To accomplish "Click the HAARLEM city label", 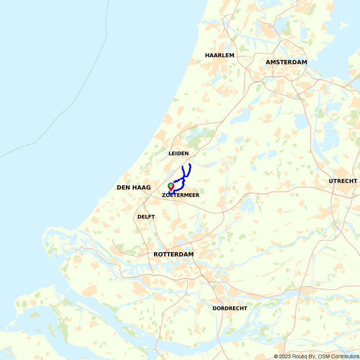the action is (x=220, y=55).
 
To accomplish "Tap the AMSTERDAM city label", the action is (x=286, y=62).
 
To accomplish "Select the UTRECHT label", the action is (x=343, y=181).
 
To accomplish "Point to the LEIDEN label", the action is (x=179, y=153).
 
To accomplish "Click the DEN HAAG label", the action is (x=134, y=188).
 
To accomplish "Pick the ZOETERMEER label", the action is (x=181, y=195).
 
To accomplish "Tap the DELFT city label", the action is (x=146, y=217).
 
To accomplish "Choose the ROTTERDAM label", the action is (x=174, y=255).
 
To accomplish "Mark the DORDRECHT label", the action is (x=230, y=309).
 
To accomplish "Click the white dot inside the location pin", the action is (x=171, y=185).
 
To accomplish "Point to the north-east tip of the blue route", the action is (x=190, y=164).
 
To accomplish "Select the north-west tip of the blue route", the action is (x=183, y=167).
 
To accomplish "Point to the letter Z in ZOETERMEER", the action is (x=164, y=195).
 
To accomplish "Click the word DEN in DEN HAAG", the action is (x=123, y=188).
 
